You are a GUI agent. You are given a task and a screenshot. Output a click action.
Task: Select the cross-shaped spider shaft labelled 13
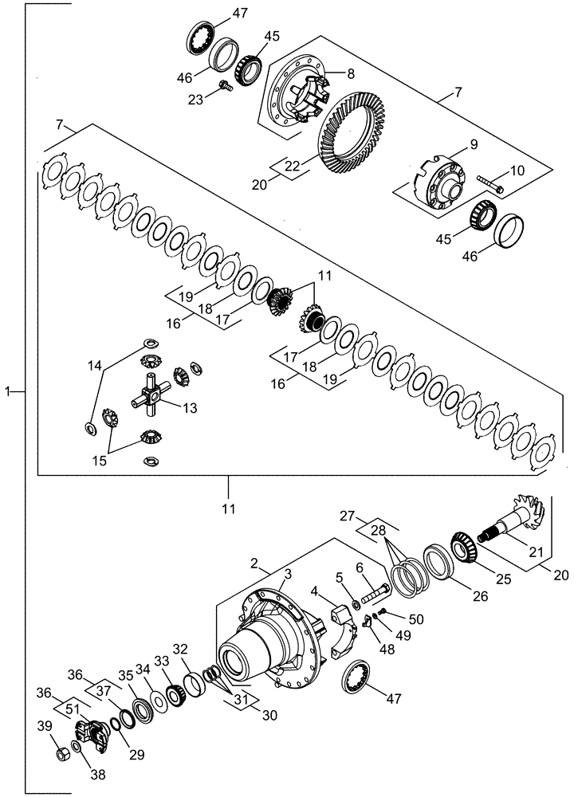pyautogui.click(x=152, y=394)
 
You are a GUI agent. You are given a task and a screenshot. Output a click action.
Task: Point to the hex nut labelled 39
pyautogui.click(x=60, y=752)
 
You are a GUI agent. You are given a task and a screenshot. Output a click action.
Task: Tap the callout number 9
pyautogui.click(x=473, y=146)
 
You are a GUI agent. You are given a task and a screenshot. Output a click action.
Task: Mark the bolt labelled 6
pyautogui.click(x=375, y=594)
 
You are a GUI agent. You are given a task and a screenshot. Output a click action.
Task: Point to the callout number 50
pyautogui.click(x=415, y=619)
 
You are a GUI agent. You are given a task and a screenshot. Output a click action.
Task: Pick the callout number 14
pyautogui.click(x=95, y=365)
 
